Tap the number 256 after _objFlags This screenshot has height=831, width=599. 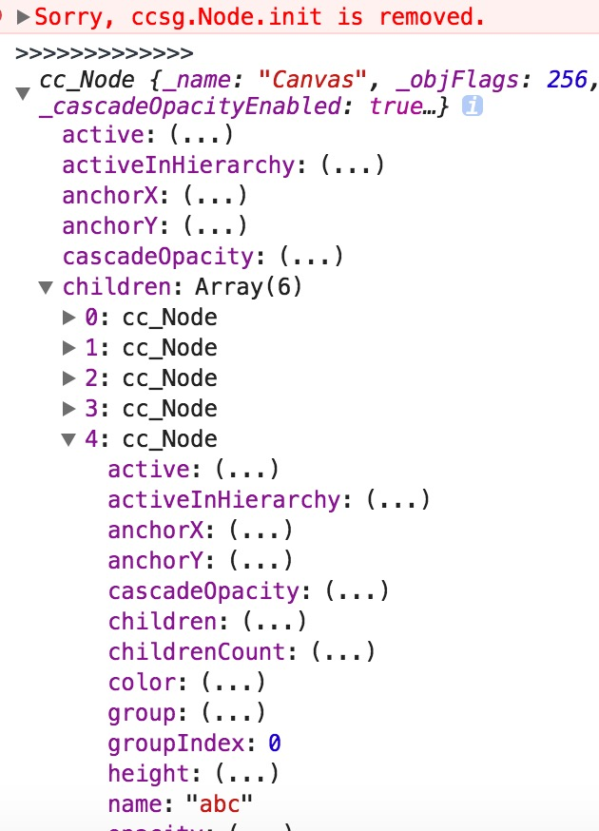point(568,79)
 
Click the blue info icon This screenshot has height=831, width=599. point(472,106)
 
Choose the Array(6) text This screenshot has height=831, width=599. point(248,286)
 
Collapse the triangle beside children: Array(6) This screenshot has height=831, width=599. point(46,286)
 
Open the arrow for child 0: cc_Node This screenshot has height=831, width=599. point(68,317)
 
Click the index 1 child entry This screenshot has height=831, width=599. point(151,347)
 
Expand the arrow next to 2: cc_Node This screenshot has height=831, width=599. point(68,377)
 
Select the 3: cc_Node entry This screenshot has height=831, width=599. point(151,408)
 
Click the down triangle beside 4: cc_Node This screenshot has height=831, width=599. point(68,439)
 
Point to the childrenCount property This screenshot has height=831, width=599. point(196,651)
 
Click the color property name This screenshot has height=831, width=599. point(142,682)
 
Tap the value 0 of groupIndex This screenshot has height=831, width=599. point(274,743)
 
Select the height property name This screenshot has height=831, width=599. point(148,773)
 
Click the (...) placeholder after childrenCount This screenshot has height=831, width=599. point(343,651)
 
